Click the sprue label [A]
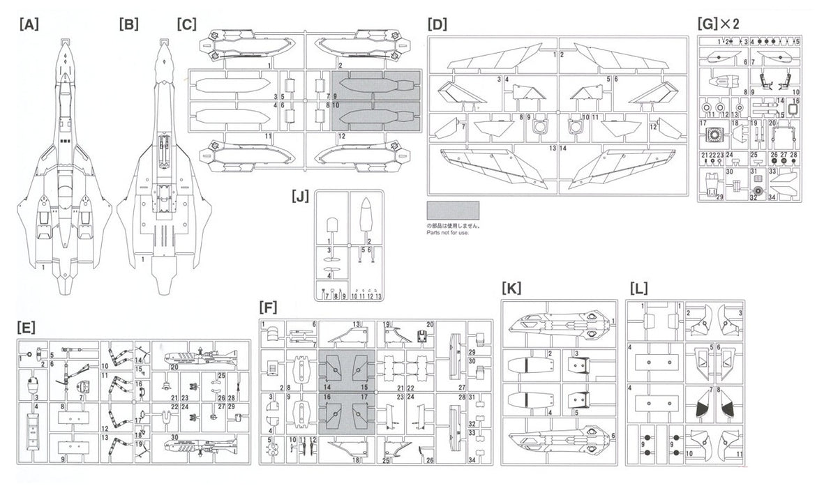click(x=29, y=24)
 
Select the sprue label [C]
click(x=186, y=24)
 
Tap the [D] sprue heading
click(x=437, y=24)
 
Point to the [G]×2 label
click(x=718, y=24)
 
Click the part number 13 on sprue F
click(x=357, y=324)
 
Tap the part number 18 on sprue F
click(x=357, y=460)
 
